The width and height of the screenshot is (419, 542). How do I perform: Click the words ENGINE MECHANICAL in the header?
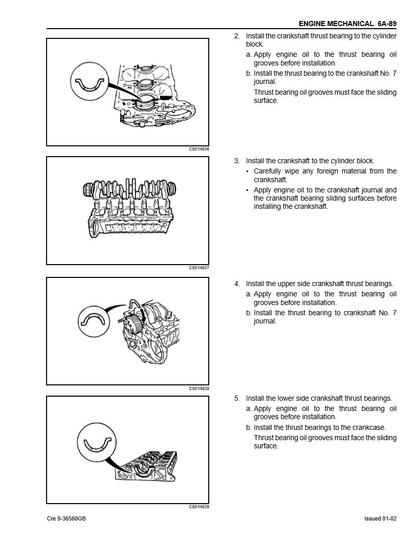(336, 24)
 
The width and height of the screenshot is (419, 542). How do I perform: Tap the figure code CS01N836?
(199, 149)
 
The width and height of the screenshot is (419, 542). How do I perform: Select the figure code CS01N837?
(199, 268)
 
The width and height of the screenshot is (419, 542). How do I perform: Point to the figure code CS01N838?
(199, 388)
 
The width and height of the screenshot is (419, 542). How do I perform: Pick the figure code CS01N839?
(199, 507)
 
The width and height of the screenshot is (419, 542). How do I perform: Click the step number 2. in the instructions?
(237, 36)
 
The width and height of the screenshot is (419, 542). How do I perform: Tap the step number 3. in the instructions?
(237, 161)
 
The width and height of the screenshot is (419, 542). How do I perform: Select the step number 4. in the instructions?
(237, 284)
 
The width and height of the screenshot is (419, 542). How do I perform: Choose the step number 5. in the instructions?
(237, 398)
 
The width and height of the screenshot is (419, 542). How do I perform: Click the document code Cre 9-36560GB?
(66, 518)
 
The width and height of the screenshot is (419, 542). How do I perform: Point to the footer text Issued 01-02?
(381, 518)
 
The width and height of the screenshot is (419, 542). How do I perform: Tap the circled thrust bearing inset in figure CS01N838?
(95, 322)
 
